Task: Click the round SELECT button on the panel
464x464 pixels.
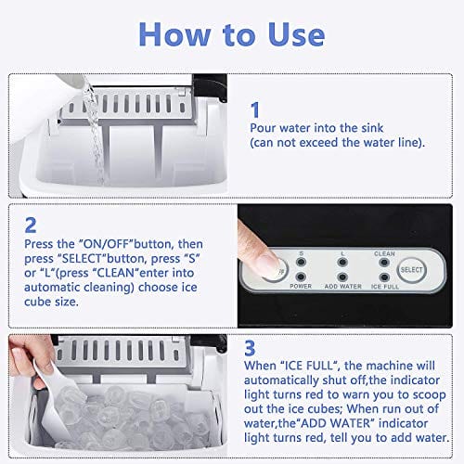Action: (x=411, y=270)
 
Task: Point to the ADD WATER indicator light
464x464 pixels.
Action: (x=343, y=277)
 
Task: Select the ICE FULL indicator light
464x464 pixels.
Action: (x=384, y=277)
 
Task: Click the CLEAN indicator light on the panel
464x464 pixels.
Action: (x=384, y=263)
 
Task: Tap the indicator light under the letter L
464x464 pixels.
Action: (x=343, y=263)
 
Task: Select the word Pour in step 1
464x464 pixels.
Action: (x=264, y=128)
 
